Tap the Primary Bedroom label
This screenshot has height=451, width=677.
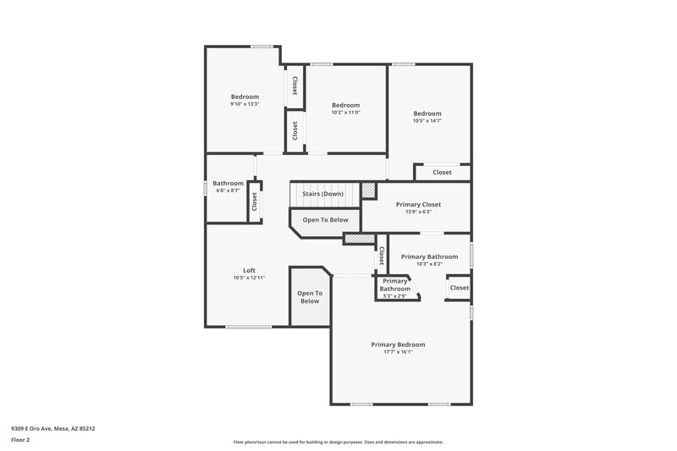point(398,344)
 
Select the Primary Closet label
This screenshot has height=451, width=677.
point(419,204)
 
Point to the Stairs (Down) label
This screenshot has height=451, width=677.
point(323,194)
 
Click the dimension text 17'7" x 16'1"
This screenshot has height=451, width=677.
point(398,352)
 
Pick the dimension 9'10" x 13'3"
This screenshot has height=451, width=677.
point(245,104)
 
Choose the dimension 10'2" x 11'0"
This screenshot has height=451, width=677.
point(345,113)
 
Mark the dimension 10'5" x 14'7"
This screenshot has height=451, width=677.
point(427,121)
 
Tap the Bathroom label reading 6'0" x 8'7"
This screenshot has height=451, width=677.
point(228,184)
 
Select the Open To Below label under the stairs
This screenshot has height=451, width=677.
point(326,220)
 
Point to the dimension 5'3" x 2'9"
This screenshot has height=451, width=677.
point(396,296)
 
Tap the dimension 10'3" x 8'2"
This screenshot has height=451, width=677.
point(429,264)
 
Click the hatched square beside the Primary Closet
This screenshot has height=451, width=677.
point(369,191)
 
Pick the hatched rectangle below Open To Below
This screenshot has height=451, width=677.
point(359,239)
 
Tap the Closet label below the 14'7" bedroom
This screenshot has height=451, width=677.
point(442,173)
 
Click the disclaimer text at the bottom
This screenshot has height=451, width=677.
point(338,442)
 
